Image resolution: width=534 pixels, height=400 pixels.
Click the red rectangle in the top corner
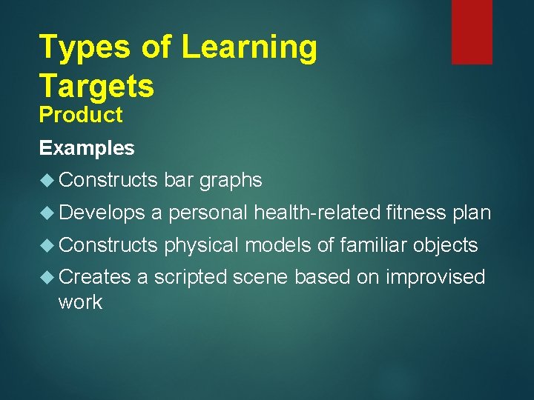(x=472, y=31)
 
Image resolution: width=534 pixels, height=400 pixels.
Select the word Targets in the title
(x=96, y=87)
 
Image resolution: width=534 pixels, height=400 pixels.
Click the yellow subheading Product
(x=81, y=116)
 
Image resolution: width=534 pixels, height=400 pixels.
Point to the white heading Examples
(x=87, y=148)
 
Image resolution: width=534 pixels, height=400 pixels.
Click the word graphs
(x=231, y=181)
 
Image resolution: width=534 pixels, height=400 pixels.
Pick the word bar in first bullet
(x=179, y=180)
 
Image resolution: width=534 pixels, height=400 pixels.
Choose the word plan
(x=472, y=213)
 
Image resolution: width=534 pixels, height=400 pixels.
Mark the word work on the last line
(x=80, y=302)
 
